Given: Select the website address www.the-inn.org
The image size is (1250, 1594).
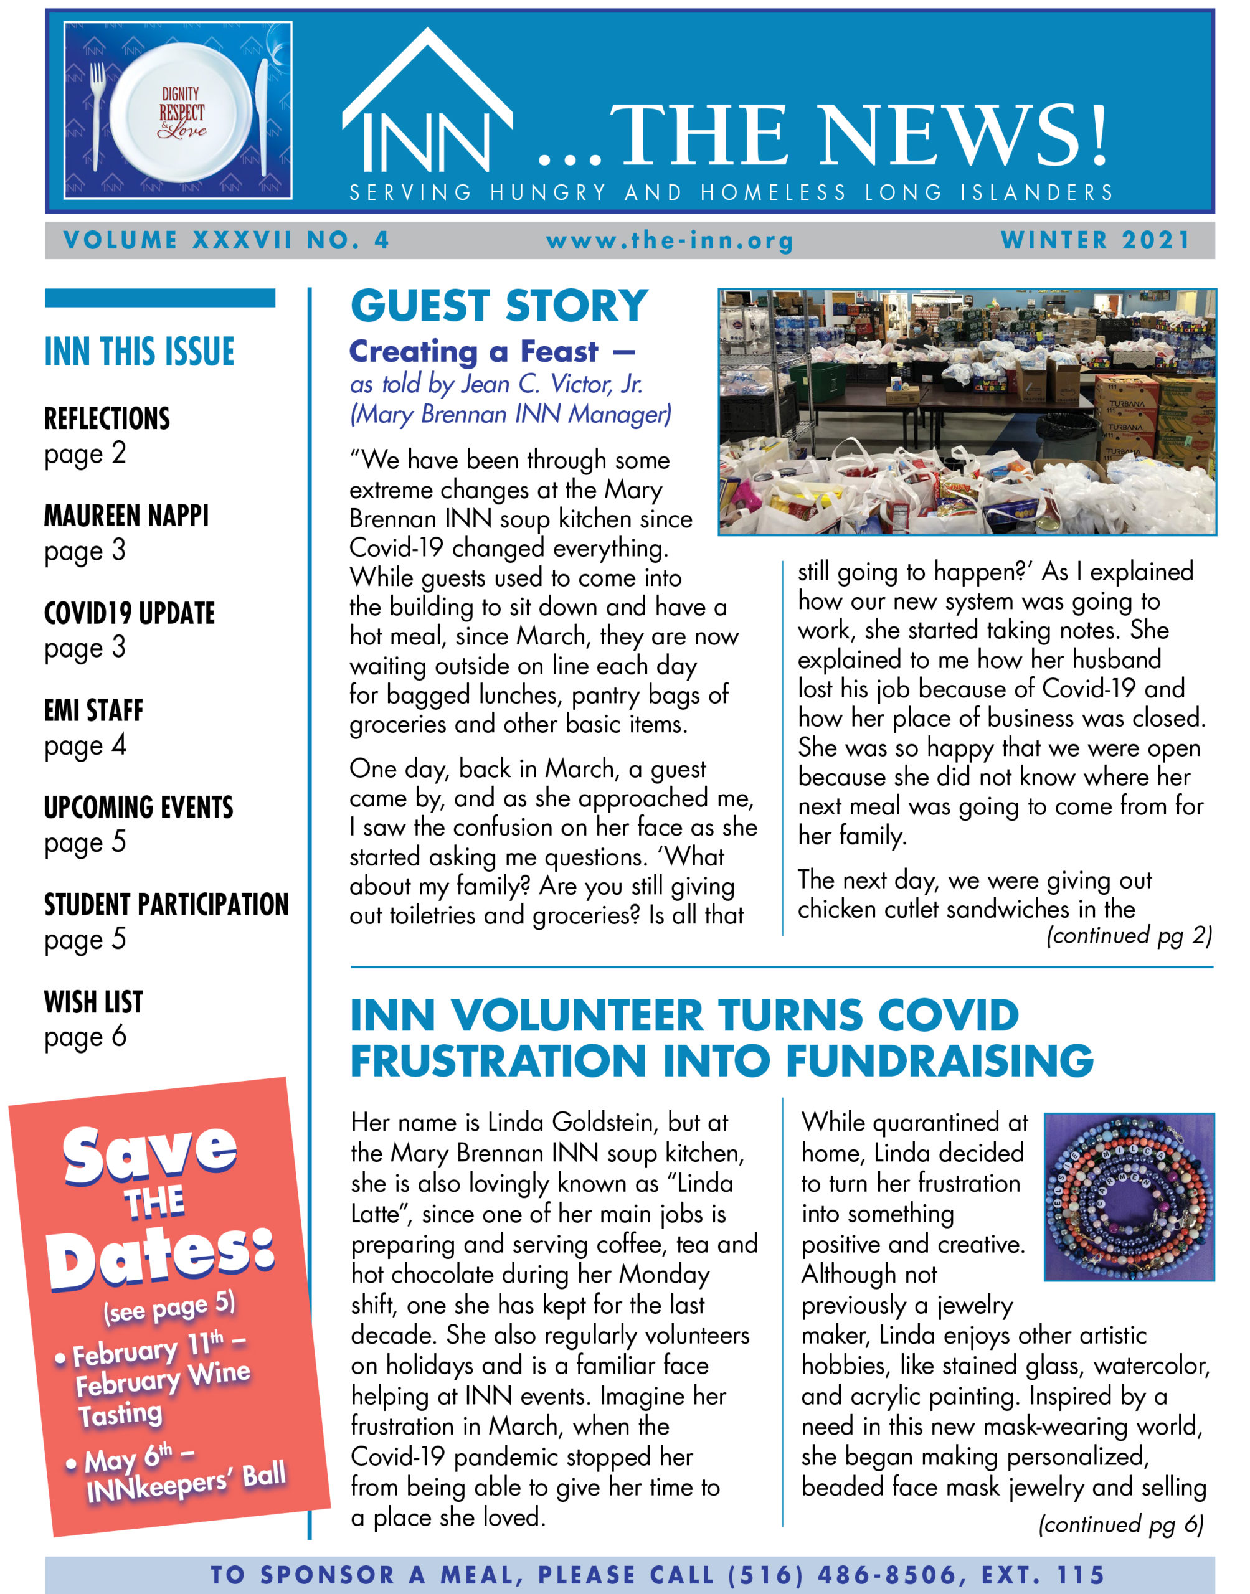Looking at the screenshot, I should point(670,241).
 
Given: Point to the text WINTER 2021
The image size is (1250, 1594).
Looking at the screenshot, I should point(1096,240).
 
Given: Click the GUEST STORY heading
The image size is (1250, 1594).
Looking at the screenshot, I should point(499,306).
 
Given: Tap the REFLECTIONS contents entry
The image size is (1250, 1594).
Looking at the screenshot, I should point(107,419).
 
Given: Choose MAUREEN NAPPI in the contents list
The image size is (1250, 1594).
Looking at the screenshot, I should point(126,516).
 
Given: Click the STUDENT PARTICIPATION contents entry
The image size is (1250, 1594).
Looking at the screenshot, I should point(166,905).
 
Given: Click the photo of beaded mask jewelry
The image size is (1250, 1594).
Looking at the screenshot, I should point(1129,1197).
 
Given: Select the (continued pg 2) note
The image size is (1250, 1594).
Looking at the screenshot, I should point(1129,936).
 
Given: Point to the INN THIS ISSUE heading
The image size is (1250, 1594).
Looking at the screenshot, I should point(139,352).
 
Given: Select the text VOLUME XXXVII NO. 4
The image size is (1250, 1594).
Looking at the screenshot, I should point(226,240).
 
